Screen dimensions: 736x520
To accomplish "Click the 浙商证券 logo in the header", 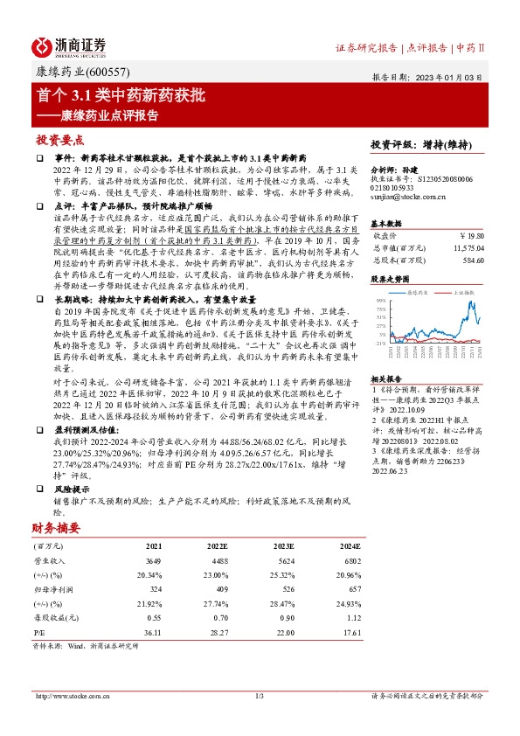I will (70, 45).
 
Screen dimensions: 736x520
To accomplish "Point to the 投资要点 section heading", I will (60, 140).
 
